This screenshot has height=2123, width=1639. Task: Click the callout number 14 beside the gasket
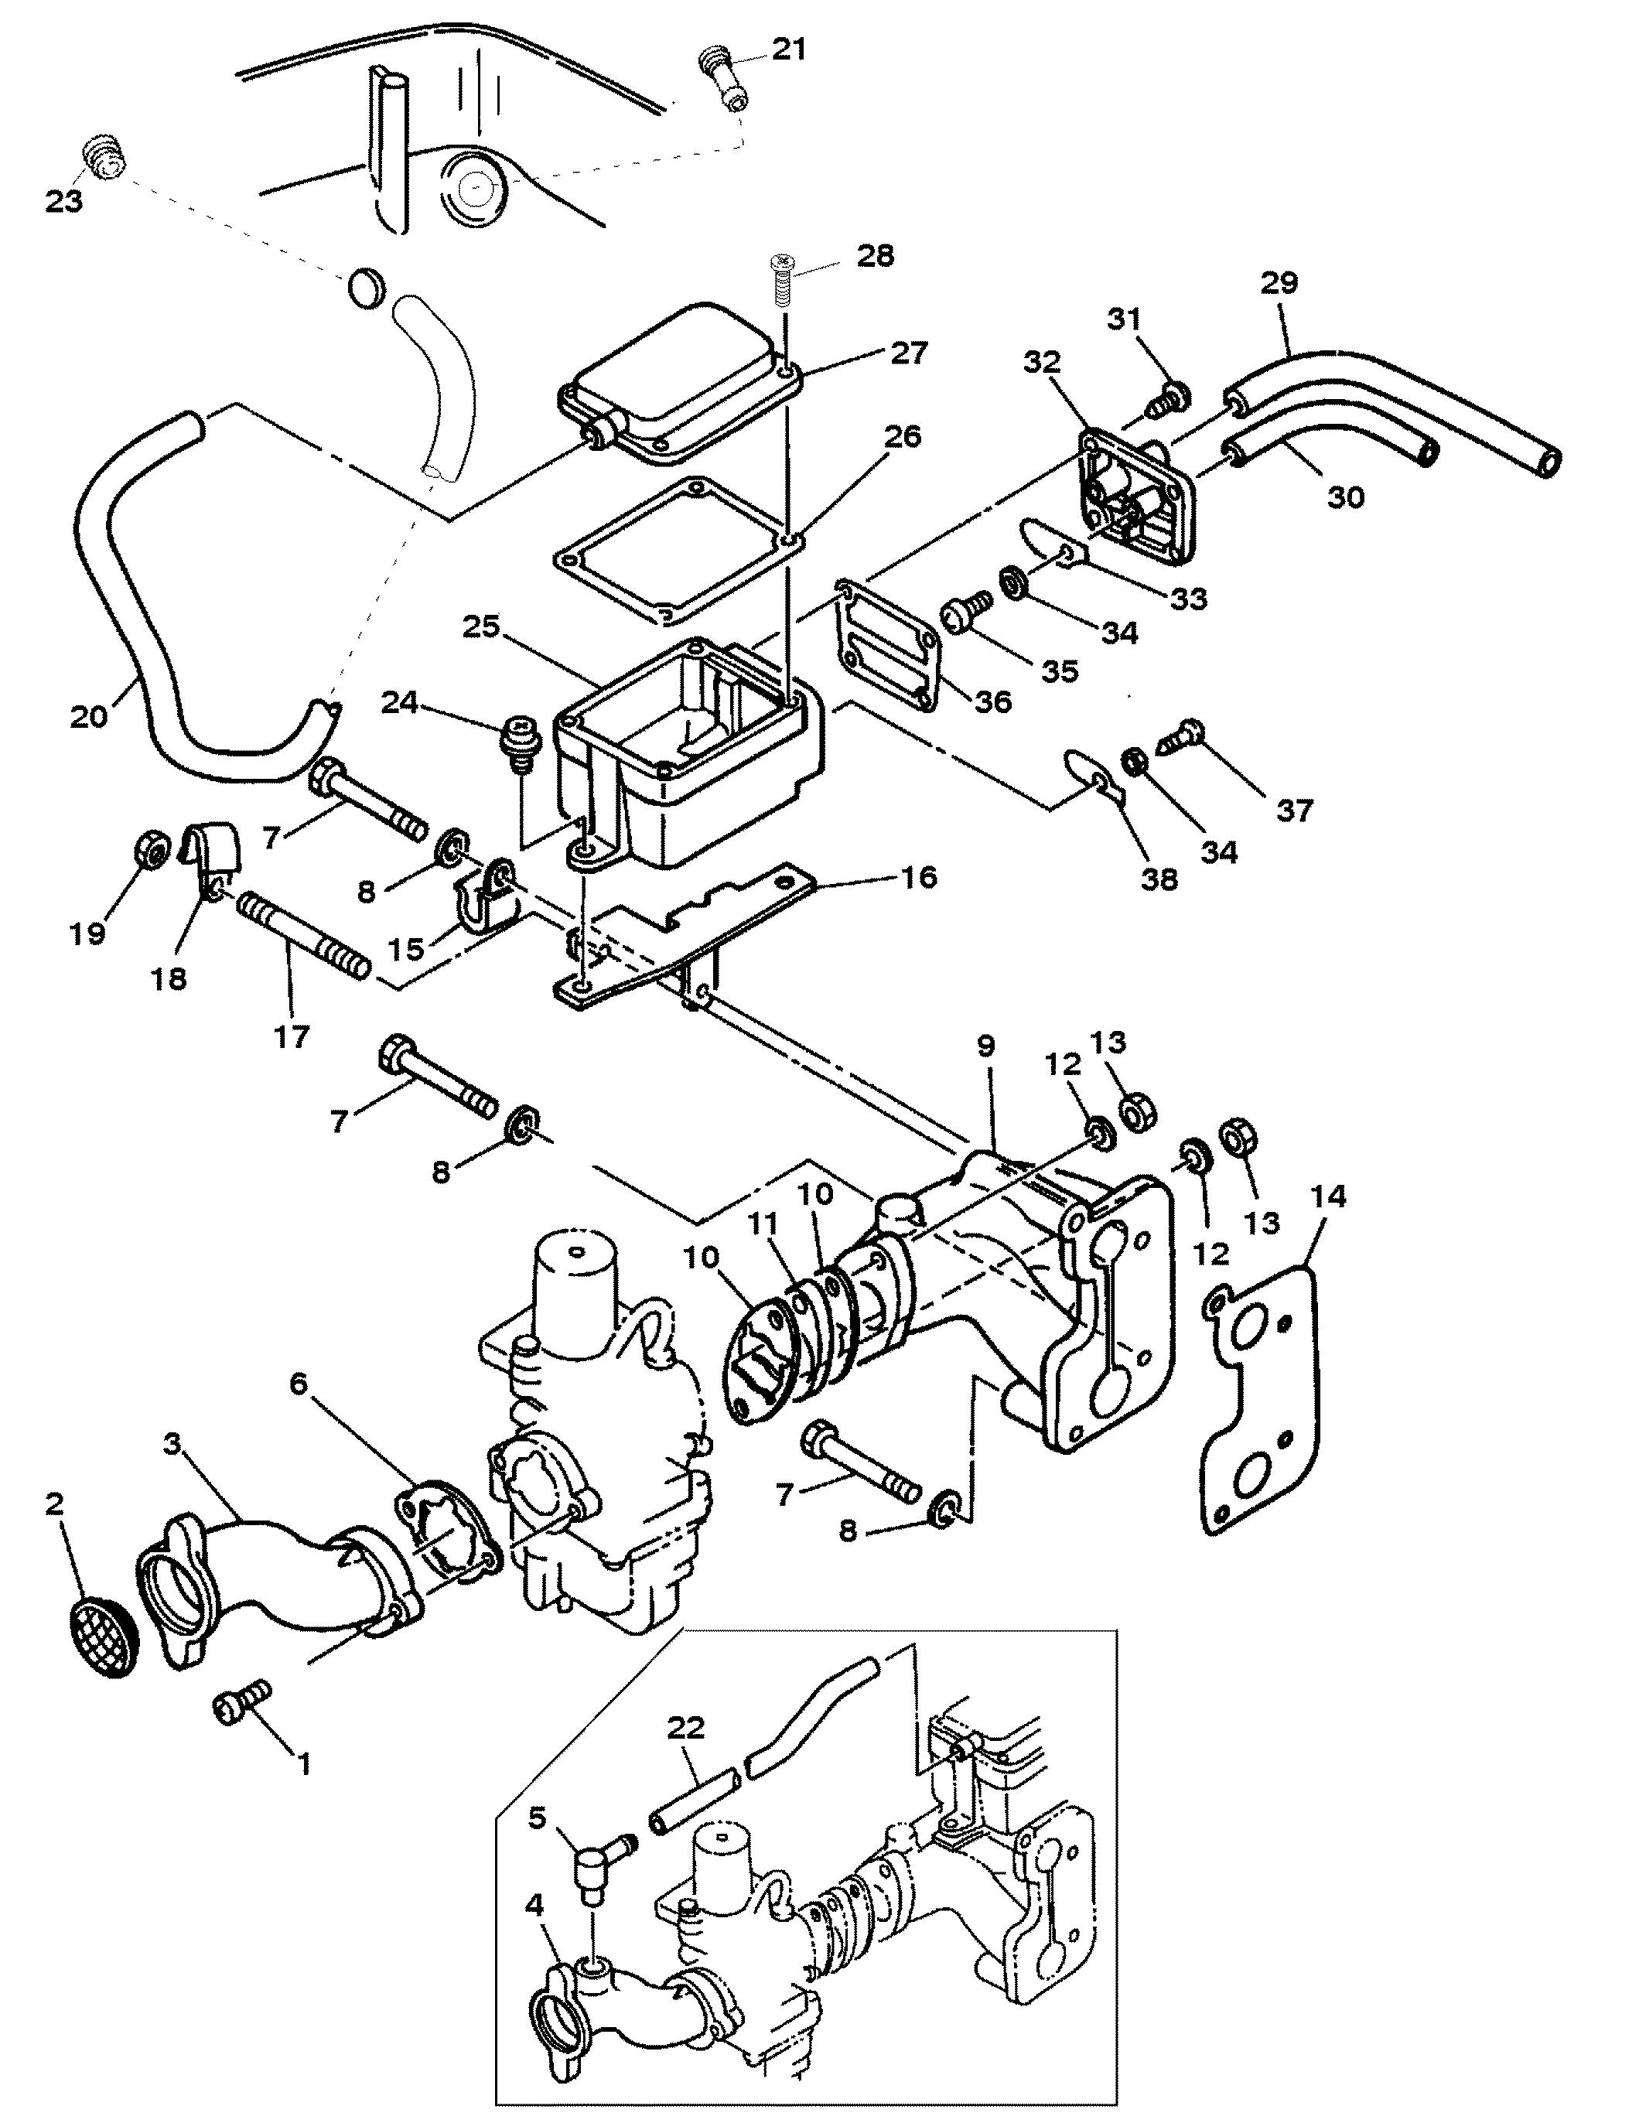click(x=1328, y=1196)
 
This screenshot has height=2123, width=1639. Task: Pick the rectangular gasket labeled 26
click(x=678, y=549)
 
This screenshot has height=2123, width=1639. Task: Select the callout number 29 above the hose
click(x=1279, y=283)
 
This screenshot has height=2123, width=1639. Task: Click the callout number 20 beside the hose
click(x=88, y=718)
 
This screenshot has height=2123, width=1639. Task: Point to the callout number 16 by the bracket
click(x=919, y=877)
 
